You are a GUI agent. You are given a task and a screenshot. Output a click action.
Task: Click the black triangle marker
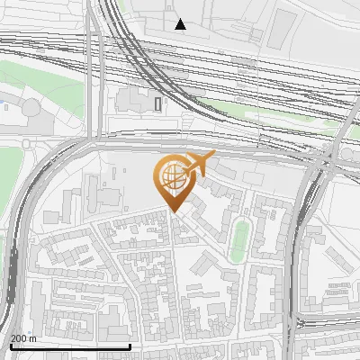(181, 24)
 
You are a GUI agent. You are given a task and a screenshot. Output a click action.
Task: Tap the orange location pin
(174, 184)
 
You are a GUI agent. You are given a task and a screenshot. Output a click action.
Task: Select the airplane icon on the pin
(200, 165)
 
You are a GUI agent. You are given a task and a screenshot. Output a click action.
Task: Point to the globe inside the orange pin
(172, 175)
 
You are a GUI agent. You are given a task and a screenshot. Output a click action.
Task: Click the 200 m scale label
(23, 338)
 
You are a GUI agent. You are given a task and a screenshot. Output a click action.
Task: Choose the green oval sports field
(239, 239)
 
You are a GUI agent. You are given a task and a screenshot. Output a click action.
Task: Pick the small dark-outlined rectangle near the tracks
(158, 103)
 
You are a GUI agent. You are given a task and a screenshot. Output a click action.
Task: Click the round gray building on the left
(32, 108)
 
